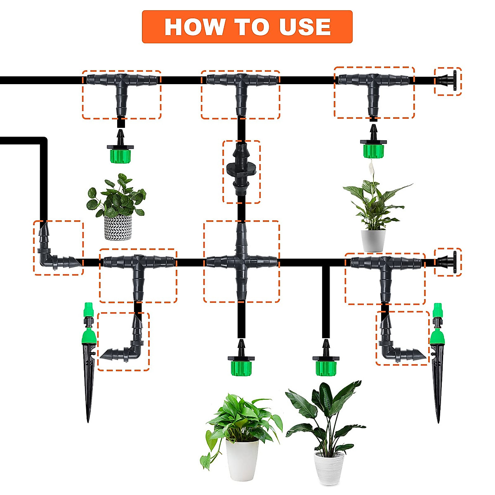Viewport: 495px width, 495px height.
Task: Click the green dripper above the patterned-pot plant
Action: [x=120, y=153]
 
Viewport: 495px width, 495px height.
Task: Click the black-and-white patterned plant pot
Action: [x=118, y=227]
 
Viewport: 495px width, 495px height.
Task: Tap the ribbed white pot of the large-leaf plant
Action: [x=329, y=468]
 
